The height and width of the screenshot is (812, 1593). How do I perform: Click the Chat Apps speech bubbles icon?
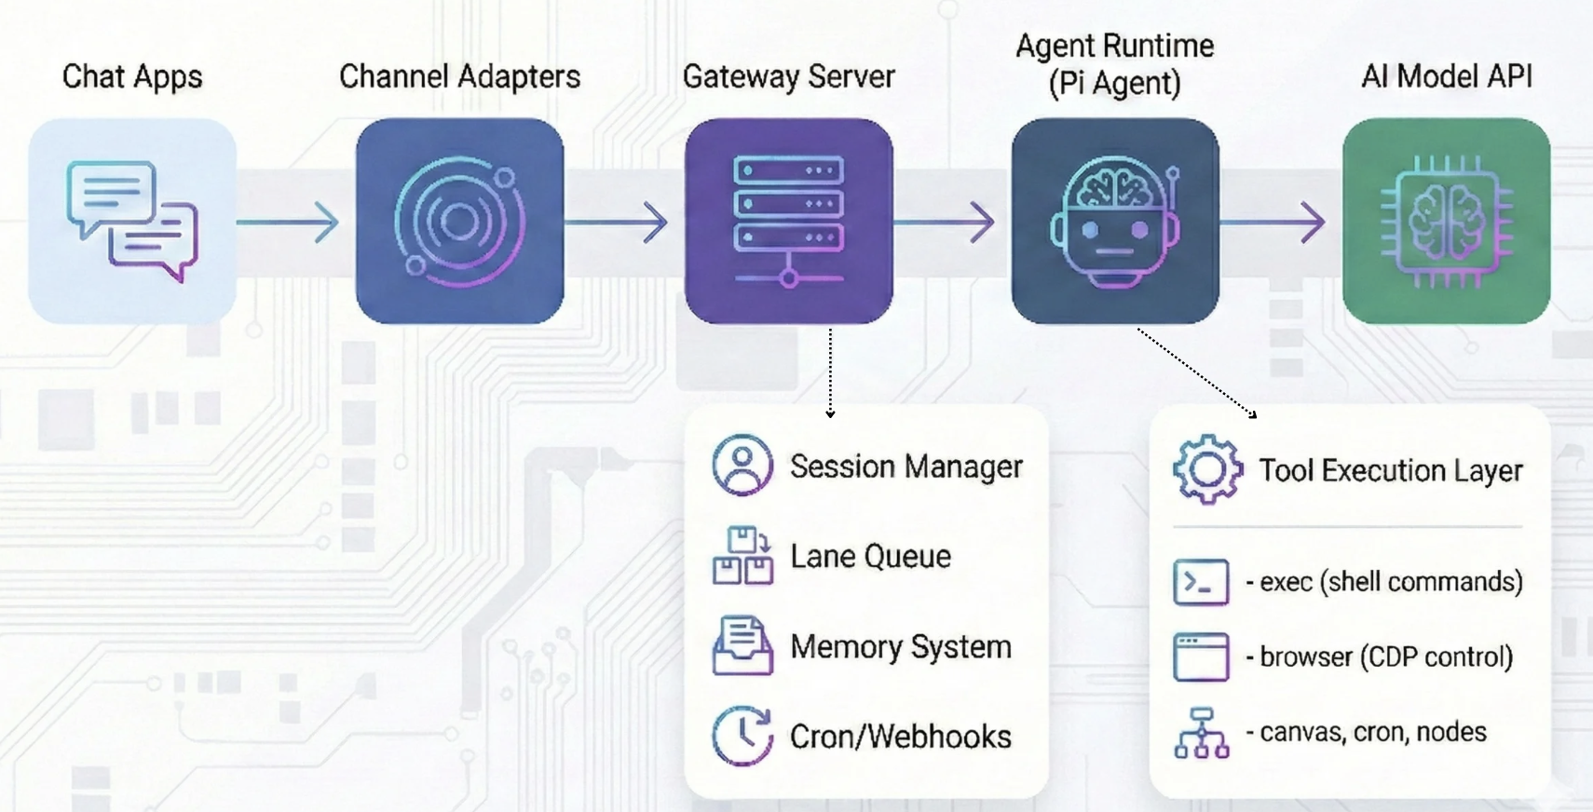pos(132,221)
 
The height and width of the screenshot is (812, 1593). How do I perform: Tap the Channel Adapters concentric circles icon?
pos(459,221)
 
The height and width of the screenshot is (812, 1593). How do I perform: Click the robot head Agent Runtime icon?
pos(1115,221)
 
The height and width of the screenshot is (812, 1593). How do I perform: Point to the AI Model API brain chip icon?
pos(1446,221)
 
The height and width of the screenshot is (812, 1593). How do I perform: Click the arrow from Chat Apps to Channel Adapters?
pos(289,223)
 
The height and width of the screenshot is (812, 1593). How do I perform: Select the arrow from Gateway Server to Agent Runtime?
pos(945,223)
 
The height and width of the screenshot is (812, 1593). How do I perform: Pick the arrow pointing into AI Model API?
pos(1273,223)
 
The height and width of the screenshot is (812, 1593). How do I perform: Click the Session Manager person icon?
pos(742,465)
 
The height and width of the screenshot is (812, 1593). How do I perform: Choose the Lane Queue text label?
pos(870,556)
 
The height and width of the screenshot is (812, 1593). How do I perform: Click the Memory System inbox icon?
pos(742,645)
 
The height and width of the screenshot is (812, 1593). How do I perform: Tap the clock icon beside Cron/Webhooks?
pos(742,736)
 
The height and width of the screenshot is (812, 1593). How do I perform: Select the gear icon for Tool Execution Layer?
pos(1207,469)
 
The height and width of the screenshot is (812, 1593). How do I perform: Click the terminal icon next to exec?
pos(1201,582)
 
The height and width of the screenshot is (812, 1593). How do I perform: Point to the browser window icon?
pos(1201,656)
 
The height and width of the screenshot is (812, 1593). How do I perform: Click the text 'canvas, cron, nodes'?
pos(1372,732)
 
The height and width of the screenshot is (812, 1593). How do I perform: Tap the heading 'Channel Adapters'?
pos(459,76)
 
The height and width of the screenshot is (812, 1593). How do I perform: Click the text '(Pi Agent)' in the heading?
pos(1114,84)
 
